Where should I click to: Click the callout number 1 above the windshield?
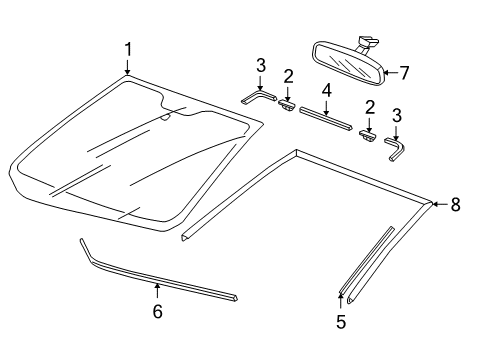click(x=128, y=50)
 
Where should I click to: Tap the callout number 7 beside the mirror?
click(x=404, y=73)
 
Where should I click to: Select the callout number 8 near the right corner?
click(x=456, y=204)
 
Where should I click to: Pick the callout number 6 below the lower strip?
click(x=158, y=311)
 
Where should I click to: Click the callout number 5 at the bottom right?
click(x=341, y=322)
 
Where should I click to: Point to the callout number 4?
click(x=327, y=90)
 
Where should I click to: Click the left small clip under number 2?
click(x=287, y=106)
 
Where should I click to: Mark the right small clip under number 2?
click(x=368, y=135)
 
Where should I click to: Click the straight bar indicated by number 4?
click(x=325, y=118)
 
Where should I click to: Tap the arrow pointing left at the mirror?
click(x=391, y=72)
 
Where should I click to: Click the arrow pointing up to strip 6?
click(x=157, y=291)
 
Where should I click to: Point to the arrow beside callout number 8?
click(x=440, y=204)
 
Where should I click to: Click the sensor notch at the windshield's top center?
click(x=166, y=116)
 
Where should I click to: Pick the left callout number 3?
click(x=261, y=65)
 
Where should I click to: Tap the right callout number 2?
click(x=370, y=107)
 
